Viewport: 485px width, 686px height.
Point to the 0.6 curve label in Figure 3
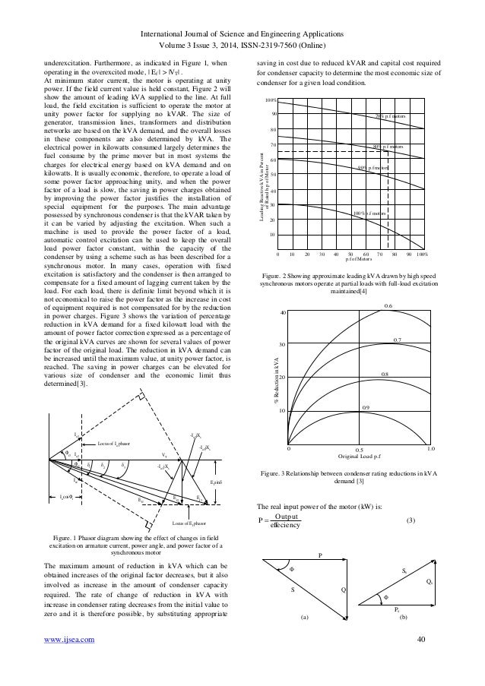[409, 305]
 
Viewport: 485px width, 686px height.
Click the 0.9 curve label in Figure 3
[364, 409]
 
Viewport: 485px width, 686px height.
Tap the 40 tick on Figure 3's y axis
[283, 313]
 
